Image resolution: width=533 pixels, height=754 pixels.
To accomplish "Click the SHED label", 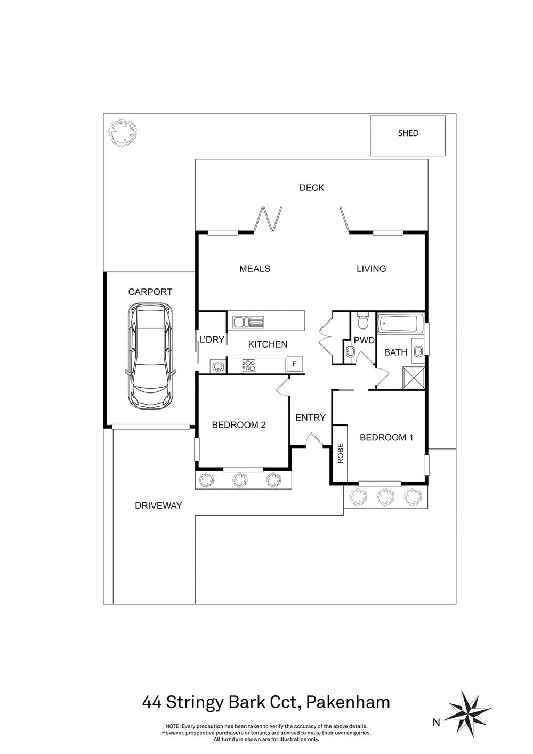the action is click(x=408, y=133).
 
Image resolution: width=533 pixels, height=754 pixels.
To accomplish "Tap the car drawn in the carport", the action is click(x=150, y=356).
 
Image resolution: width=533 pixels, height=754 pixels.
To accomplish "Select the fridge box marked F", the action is click(x=294, y=364).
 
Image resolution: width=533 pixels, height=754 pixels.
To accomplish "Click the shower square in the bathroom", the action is click(x=414, y=379).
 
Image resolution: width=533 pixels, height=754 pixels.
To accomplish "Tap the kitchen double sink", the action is click(x=249, y=322).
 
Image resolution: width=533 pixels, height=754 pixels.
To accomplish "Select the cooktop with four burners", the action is click(x=249, y=366).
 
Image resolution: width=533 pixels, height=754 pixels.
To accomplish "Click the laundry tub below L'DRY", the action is click(x=219, y=366).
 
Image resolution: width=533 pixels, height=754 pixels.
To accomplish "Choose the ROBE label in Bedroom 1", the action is click(x=341, y=453).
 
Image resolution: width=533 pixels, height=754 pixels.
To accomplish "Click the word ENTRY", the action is click(x=310, y=418).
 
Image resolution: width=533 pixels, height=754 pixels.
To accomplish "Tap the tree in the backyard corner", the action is click(x=123, y=132).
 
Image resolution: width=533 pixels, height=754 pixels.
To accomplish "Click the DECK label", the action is click(x=312, y=188).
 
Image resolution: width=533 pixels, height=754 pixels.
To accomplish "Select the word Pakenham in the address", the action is click(x=348, y=702).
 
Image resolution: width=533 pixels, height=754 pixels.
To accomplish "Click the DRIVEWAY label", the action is click(x=158, y=506).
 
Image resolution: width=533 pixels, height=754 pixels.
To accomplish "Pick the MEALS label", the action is click(x=255, y=269).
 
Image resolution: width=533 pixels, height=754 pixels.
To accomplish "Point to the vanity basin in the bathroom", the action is click(x=418, y=351).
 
